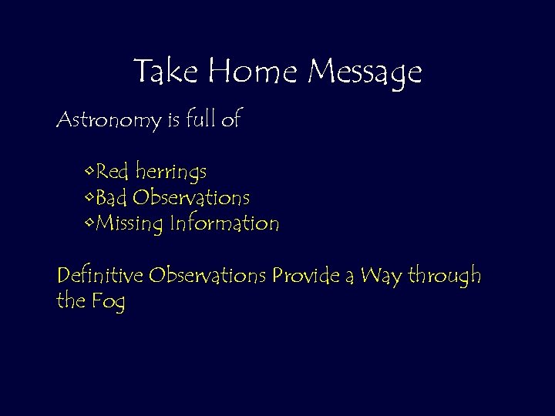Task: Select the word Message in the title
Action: coord(365,73)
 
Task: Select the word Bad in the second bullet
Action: coord(113,197)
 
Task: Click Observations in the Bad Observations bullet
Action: coord(191,197)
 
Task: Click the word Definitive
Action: coord(100,275)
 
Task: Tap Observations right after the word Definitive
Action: coord(208,275)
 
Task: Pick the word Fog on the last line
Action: coord(107,303)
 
